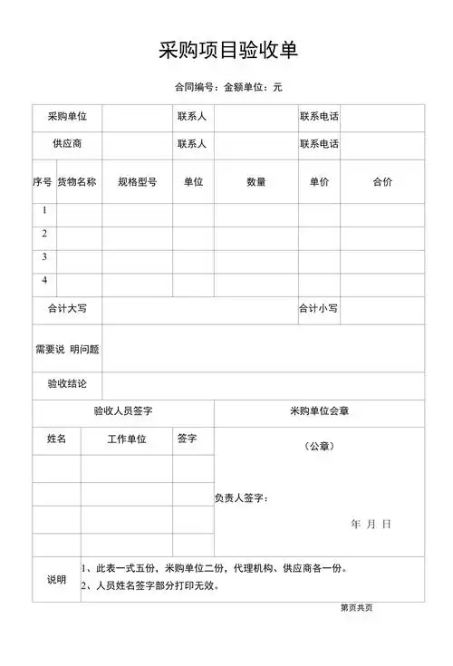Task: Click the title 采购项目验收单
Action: (227, 52)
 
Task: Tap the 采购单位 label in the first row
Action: (67, 117)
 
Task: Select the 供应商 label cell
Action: (67, 144)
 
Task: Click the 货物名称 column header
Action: (77, 182)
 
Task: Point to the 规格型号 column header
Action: (137, 182)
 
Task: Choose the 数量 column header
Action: (255, 182)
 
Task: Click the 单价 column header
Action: (319, 182)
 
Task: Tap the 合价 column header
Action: (382, 182)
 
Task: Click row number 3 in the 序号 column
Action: (43, 257)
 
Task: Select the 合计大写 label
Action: (67, 309)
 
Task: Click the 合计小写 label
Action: (319, 309)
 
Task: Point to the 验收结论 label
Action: (67, 385)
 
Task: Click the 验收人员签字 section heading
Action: (123, 411)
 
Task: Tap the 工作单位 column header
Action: (127, 439)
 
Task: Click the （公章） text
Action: (319, 446)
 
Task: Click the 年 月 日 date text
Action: (371, 525)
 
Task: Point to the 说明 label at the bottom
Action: (56, 579)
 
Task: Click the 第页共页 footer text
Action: (356, 608)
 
